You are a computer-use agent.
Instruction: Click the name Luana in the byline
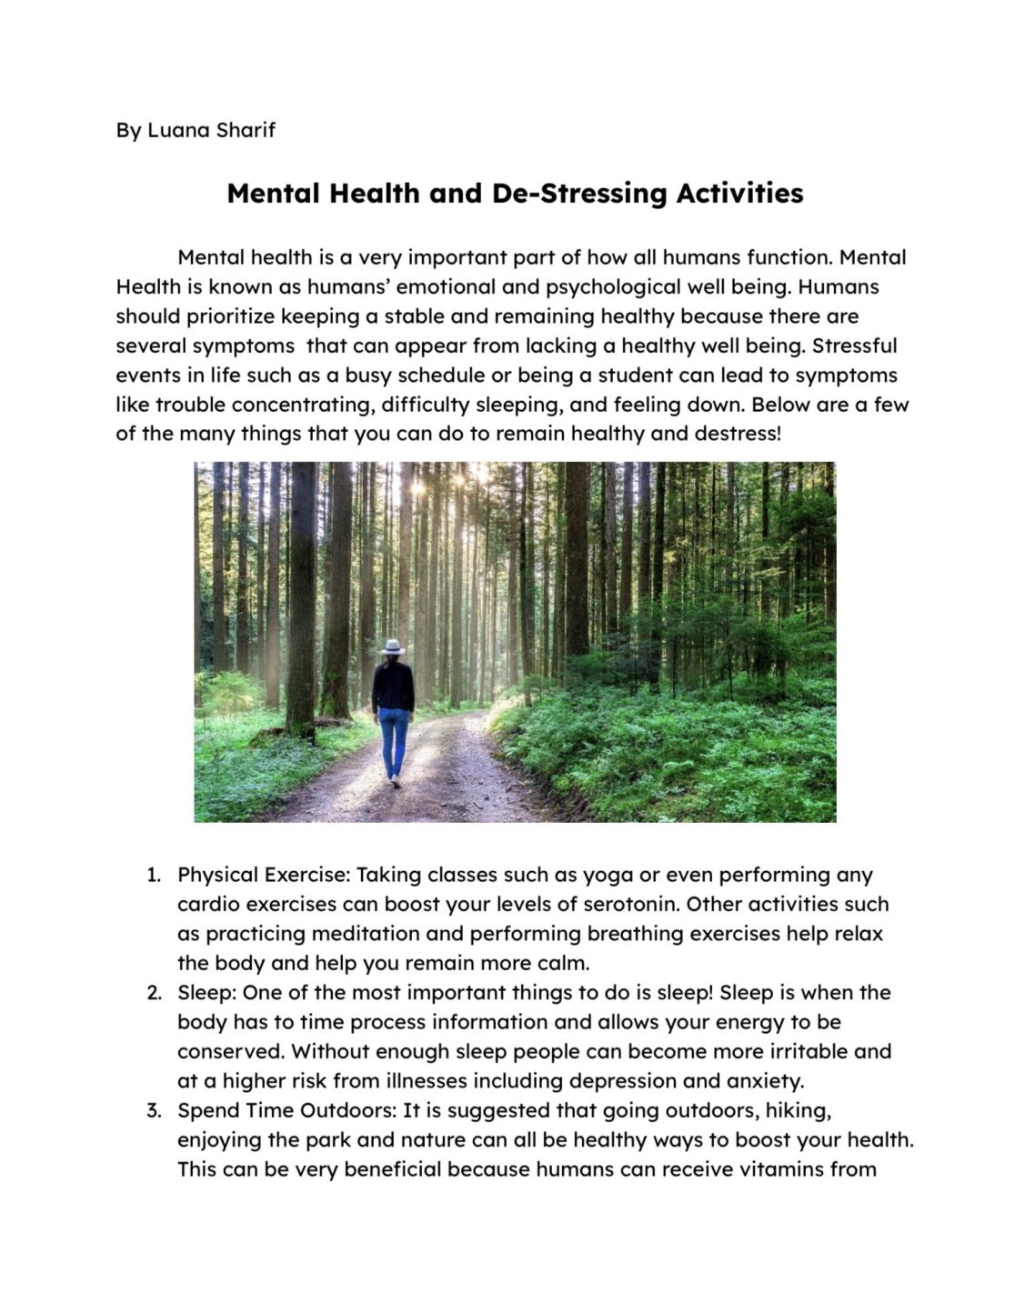pyautogui.click(x=179, y=130)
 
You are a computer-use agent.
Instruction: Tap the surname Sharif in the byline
pyautogui.click(x=246, y=130)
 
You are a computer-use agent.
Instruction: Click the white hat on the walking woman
pyautogui.click(x=392, y=646)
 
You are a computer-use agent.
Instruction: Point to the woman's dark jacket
pyautogui.click(x=393, y=686)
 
